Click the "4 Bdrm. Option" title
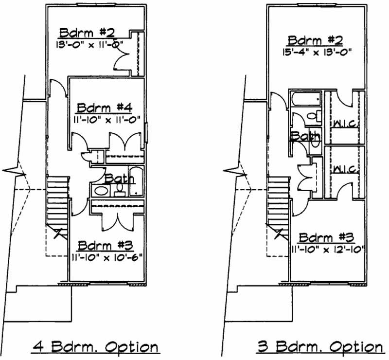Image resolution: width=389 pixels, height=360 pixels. [x=95, y=347]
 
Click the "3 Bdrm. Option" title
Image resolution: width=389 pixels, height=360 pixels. [x=320, y=347]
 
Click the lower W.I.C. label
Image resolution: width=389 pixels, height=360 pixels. [x=345, y=169]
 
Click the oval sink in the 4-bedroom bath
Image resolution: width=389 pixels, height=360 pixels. [x=102, y=190]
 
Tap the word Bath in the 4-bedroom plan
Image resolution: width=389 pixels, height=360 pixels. [x=119, y=179]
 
